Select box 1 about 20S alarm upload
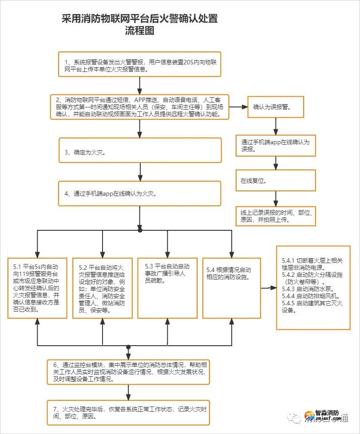140,64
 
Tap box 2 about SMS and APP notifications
140,107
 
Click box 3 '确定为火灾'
140,150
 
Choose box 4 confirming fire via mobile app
140,193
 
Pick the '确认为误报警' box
276,107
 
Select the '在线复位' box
276,181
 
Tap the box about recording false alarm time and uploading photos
276,216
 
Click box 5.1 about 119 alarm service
37,288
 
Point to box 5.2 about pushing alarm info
103,288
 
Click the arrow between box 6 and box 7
128,392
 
